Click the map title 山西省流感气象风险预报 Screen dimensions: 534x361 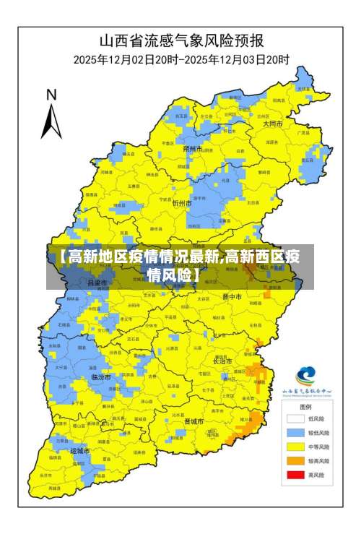(x=181, y=40)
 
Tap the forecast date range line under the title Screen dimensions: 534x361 (x=181, y=59)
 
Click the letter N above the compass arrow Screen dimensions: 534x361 (x=51, y=95)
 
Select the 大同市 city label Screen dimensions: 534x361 (x=272, y=124)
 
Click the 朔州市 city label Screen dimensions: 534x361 (x=192, y=149)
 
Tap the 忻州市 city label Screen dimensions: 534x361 (x=181, y=204)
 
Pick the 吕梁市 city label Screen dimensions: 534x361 (x=97, y=283)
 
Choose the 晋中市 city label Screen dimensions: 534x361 (x=232, y=296)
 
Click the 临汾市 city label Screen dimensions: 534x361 (x=101, y=377)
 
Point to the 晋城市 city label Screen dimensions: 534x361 (x=194, y=421)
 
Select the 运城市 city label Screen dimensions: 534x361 (x=79, y=451)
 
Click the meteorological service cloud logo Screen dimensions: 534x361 (x=306, y=376)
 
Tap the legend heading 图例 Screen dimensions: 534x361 (x=306, y=407)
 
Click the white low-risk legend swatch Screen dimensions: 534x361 (x=295, y=418)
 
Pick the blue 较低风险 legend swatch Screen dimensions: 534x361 (x=295, y=432)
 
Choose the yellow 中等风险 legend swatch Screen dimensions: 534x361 (x=295, y=447)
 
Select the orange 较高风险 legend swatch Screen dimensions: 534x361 (x=295, y=460)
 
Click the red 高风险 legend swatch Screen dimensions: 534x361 (x=295, y=475)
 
